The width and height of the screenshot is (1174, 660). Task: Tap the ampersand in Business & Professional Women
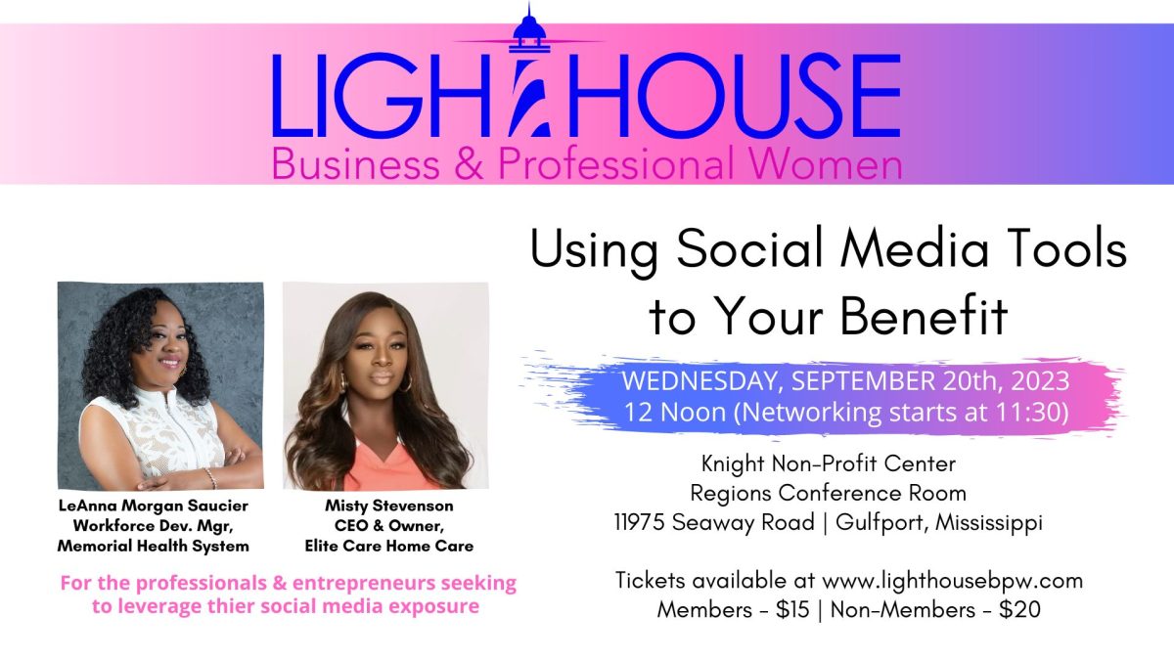tap(468, 164)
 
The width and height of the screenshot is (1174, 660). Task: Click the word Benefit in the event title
tap(925, 316)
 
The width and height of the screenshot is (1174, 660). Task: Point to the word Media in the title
tap(914, 248)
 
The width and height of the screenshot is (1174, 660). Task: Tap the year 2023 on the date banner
tap(1040, 381)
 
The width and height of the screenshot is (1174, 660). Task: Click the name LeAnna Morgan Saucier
tap(154, 506)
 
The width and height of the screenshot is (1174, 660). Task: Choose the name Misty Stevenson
tap(389, 506)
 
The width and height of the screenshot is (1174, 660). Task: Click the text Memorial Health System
tap(153, 546)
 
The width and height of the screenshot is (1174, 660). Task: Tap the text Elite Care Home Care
tap(389, 546)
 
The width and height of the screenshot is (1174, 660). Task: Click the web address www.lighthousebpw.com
tap(952, 582)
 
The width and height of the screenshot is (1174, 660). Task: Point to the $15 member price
tap(792, 610)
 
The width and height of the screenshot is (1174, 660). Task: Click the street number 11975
tap(639, 522)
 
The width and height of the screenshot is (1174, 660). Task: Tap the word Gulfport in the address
tap(879, 523)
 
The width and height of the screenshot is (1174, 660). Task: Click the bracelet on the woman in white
tap(210, 478)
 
